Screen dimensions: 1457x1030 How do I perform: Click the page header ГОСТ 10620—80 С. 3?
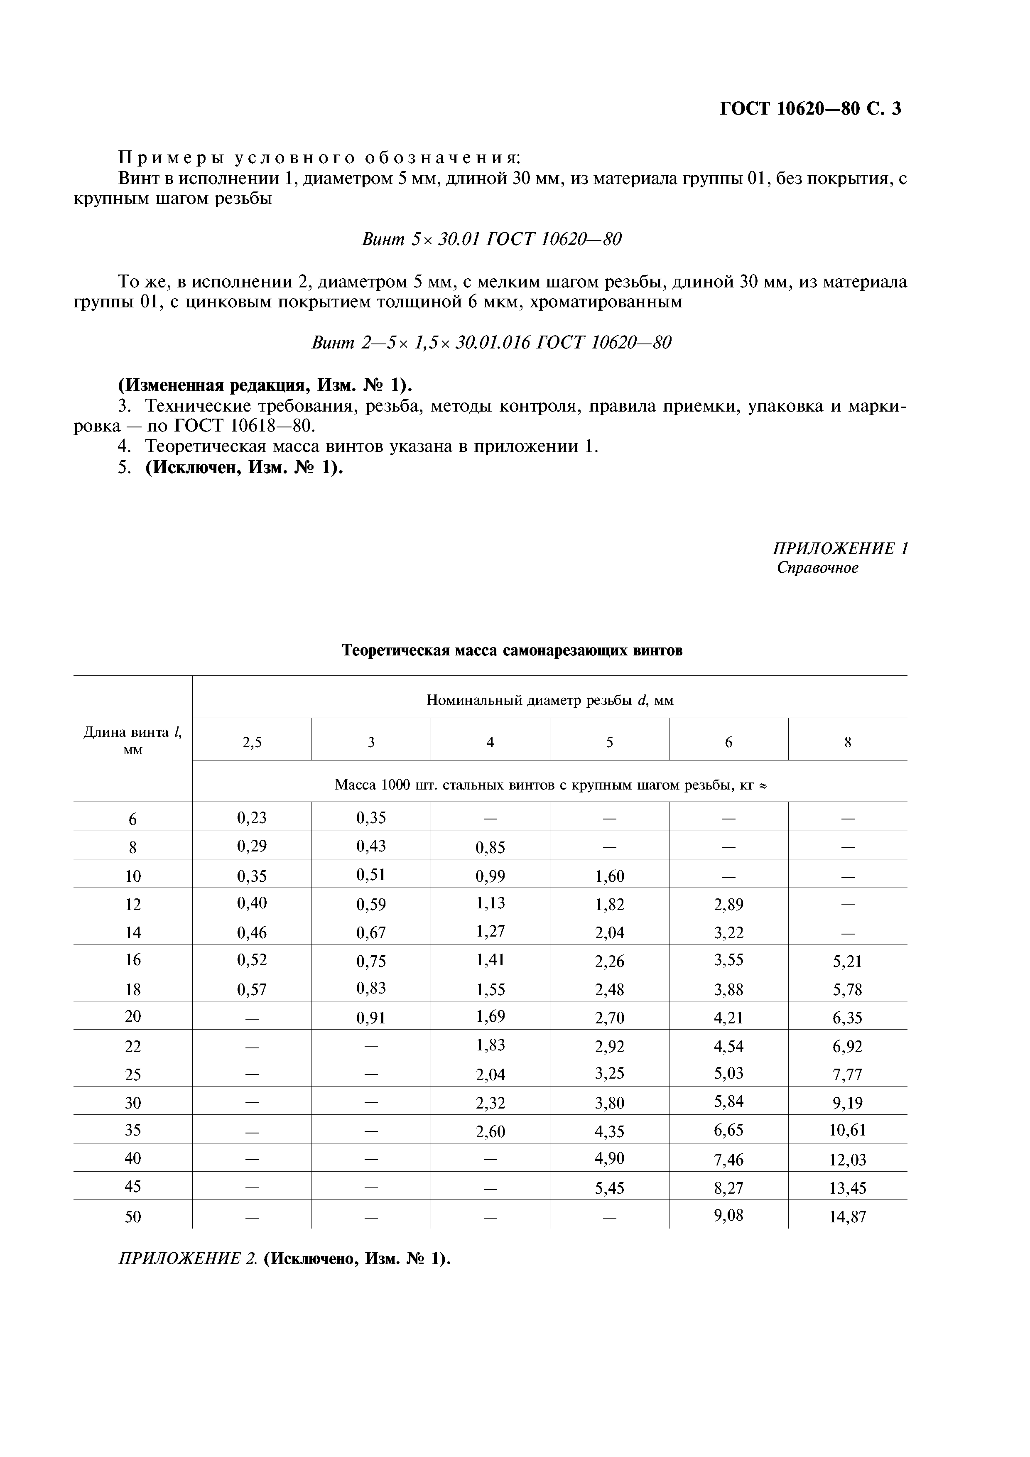pos(810,109)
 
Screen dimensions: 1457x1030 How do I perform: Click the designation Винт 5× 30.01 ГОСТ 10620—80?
pos(491,239)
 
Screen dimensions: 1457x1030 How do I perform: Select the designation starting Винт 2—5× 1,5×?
pos(491,343)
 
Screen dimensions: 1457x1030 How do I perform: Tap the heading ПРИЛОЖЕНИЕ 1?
pos(840,548)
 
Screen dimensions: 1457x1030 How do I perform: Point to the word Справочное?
pos(817,568)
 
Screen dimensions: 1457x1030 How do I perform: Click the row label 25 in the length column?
pos(132,1074)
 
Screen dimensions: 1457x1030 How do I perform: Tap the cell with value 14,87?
pos(847,1217)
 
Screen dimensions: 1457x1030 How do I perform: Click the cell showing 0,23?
pos(252,818)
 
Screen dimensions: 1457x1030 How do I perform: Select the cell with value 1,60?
pos(609,876)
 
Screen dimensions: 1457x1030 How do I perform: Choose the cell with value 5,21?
pos(847,962)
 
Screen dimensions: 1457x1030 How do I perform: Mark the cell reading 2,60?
pos(490,1131)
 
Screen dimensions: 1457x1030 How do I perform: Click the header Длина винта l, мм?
pos(132,741)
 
